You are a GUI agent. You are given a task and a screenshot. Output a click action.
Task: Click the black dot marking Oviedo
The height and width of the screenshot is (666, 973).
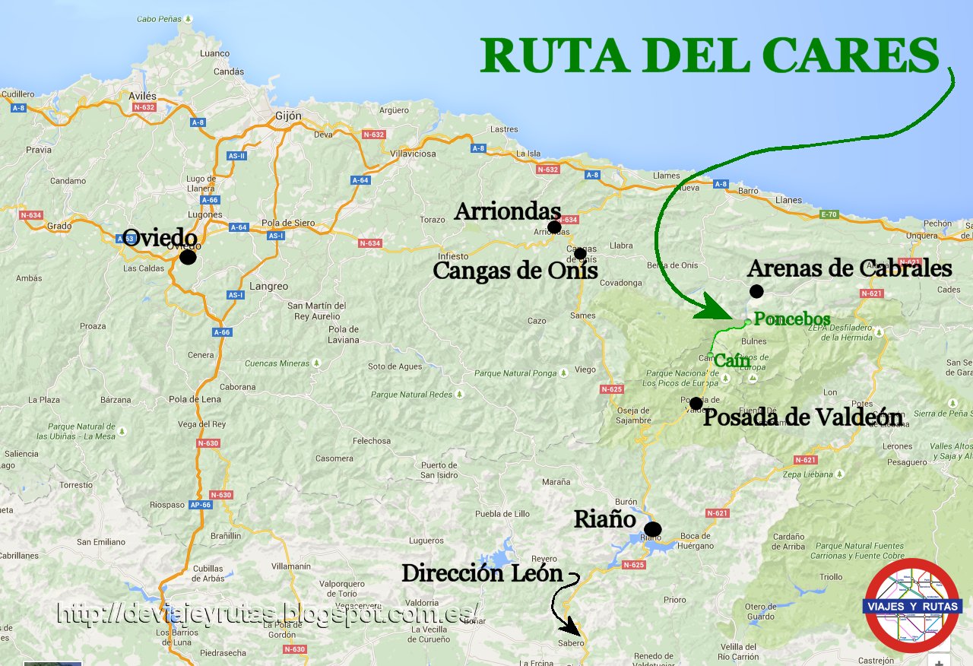point(188,258)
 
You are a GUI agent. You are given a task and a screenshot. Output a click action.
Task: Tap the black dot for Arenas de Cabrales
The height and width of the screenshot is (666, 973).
point(756,291)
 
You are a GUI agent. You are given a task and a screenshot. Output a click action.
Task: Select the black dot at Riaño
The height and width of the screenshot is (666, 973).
point(652,529)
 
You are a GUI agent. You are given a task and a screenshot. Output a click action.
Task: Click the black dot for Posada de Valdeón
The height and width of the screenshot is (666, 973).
point(696,403)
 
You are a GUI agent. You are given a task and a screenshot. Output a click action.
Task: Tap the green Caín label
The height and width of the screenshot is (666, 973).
point(732,362)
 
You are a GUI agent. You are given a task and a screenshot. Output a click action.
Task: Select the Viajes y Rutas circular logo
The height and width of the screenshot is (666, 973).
point(912,605)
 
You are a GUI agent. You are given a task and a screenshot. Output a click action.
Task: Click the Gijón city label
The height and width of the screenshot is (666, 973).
point(288,116)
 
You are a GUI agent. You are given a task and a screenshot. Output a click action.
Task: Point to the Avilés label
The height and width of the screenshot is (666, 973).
point(142,97)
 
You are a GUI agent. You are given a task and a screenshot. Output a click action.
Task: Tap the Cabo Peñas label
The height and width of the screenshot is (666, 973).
point(160,18)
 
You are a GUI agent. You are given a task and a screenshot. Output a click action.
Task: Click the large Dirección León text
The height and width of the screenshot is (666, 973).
point(482,573)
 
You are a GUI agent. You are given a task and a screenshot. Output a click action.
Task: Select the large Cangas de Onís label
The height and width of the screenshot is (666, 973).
point(515,271)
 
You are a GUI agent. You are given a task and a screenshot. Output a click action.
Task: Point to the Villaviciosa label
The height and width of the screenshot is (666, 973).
point(413,154)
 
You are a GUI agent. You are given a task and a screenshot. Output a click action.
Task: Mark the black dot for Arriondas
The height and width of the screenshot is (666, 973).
point(554,227)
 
